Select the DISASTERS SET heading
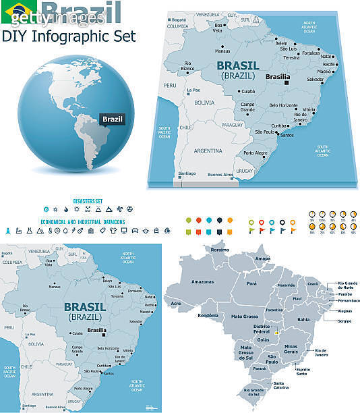coord(87,200)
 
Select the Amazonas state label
coord(203,280)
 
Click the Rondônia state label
coord(206,315)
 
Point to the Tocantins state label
coord(274,310)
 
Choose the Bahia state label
coord(303,319)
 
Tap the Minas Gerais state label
coord(295,350)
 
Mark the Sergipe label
coord(344,321)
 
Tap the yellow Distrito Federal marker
coord(276,331)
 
